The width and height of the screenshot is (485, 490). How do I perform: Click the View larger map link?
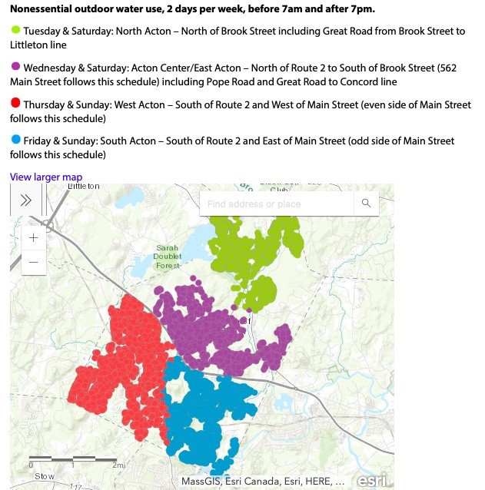click(x=45, y=177)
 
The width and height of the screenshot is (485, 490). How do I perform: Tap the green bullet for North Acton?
click(x=15, y=31)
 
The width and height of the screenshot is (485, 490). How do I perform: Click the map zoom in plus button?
click(x=33, y=237)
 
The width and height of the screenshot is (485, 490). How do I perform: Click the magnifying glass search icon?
click(x=366, y=204)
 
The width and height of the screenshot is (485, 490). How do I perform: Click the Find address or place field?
click(x=277, y=204)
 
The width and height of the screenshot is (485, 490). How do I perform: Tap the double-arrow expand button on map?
click(x=25, y=200)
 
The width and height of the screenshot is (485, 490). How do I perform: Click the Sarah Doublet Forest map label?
click(x=168, y=257)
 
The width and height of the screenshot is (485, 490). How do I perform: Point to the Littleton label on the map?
click(x=85, y=187)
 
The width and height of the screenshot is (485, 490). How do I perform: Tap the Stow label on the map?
click(x=45, y=476)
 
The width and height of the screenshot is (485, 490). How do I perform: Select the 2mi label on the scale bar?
click(x=118, y=465)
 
